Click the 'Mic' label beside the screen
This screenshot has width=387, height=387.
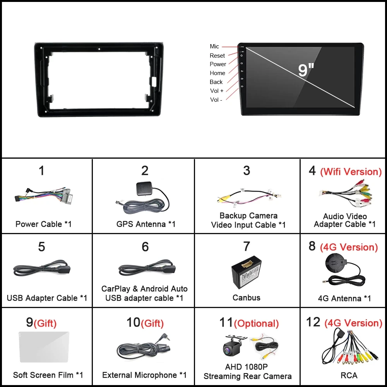(214, 46)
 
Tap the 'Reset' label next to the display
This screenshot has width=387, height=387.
(217, 56)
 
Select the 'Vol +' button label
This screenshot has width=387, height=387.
(217, 91)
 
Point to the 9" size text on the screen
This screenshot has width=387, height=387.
(306, 70)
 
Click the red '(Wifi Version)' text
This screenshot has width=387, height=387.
(351, 172)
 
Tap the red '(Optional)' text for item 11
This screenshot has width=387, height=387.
(256, 324)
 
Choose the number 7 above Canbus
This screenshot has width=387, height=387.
(247, 246)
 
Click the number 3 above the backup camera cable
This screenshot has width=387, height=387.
(247, 170)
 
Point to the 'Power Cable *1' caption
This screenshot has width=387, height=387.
(43, 224)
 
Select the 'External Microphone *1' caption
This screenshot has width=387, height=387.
(144, 375)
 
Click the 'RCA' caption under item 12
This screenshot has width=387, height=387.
(349, 375)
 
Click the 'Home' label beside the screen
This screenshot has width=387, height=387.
(217, 73)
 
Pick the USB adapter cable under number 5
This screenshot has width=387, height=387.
(43, 269)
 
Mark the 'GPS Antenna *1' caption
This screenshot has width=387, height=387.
(146, 224)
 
